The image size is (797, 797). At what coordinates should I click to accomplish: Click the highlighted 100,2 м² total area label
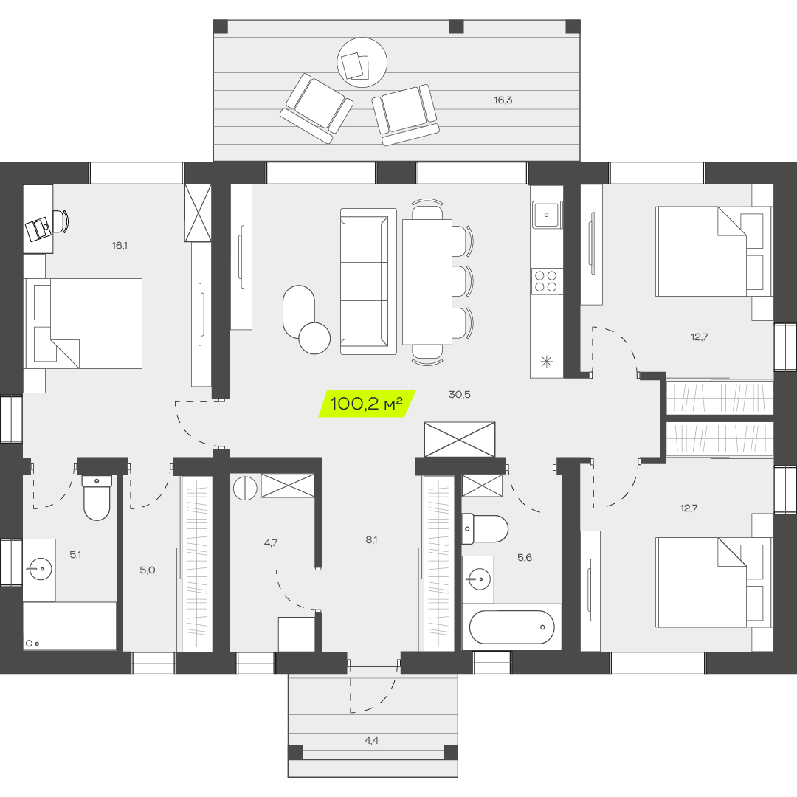click(x=367, y=404)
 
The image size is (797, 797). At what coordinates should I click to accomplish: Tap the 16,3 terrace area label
click(x=503, y=100)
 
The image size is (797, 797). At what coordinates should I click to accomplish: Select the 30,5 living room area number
click(x=460, y=394)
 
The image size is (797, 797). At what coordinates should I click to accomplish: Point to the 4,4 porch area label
click(x=371, y=741)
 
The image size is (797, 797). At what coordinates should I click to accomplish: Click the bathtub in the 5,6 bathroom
click(x=512, y=627)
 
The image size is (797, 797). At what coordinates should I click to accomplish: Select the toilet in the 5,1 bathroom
click(x=97, y=497)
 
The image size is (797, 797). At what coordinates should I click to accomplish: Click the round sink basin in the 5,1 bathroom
click(x=39, y=568)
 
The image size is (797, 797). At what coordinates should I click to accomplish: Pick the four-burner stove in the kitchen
click(x=546, y=282)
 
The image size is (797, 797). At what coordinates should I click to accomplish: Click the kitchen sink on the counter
click(x=547, y=215)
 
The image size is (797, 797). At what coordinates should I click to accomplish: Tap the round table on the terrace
click(x=362, y=63)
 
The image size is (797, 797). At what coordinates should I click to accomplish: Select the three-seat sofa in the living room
click(x=368, y=281)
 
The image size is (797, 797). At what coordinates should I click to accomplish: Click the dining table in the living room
click(x=427, y=282)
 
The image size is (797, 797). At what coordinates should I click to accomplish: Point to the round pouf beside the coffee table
click(x=314, y=338)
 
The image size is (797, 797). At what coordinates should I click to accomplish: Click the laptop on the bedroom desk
click(x=38, y=230)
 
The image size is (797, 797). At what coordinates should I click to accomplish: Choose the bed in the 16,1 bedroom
click(x=83, y=323)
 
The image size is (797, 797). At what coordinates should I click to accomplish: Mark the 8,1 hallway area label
click(x=371, y=539)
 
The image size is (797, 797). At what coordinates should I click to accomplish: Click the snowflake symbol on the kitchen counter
click(x=546, y=362)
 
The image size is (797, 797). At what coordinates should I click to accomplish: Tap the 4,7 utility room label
click(x=271, y=543)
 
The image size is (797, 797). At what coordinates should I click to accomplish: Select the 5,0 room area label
click(x=148, y=570)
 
